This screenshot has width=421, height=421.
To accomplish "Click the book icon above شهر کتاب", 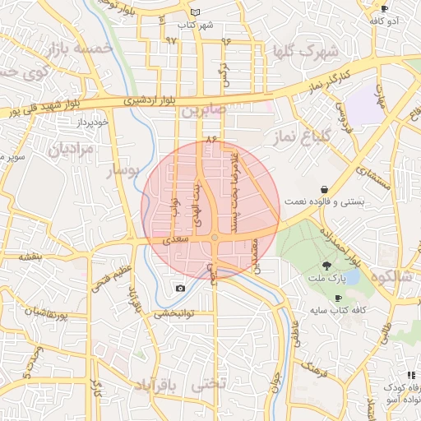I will click(195, 12).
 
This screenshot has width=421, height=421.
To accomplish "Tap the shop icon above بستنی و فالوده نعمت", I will click(325, 188).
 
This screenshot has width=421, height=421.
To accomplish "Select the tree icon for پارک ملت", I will click(327, 266).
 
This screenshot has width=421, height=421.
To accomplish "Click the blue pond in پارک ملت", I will click(351, 277).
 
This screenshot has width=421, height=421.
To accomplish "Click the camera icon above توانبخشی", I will click(180, 289).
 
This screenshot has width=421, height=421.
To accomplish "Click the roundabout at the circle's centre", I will click(215, 238).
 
